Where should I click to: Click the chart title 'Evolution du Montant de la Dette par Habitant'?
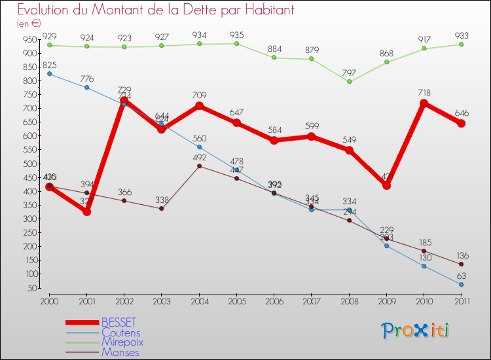155,10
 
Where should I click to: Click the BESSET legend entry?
118,322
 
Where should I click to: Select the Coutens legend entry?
120,333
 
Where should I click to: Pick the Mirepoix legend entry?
122,342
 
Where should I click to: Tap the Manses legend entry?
120,351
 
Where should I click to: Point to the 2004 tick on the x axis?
199,300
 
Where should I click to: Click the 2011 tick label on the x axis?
462,300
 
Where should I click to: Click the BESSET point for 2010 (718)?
424,103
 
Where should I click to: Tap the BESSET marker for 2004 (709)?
199,106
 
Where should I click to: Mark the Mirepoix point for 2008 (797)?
349,82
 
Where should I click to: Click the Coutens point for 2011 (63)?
462,284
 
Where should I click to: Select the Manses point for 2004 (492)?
199,166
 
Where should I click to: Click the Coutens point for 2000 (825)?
50,74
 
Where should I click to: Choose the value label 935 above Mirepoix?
236,34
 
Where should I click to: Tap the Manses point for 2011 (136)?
462,264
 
